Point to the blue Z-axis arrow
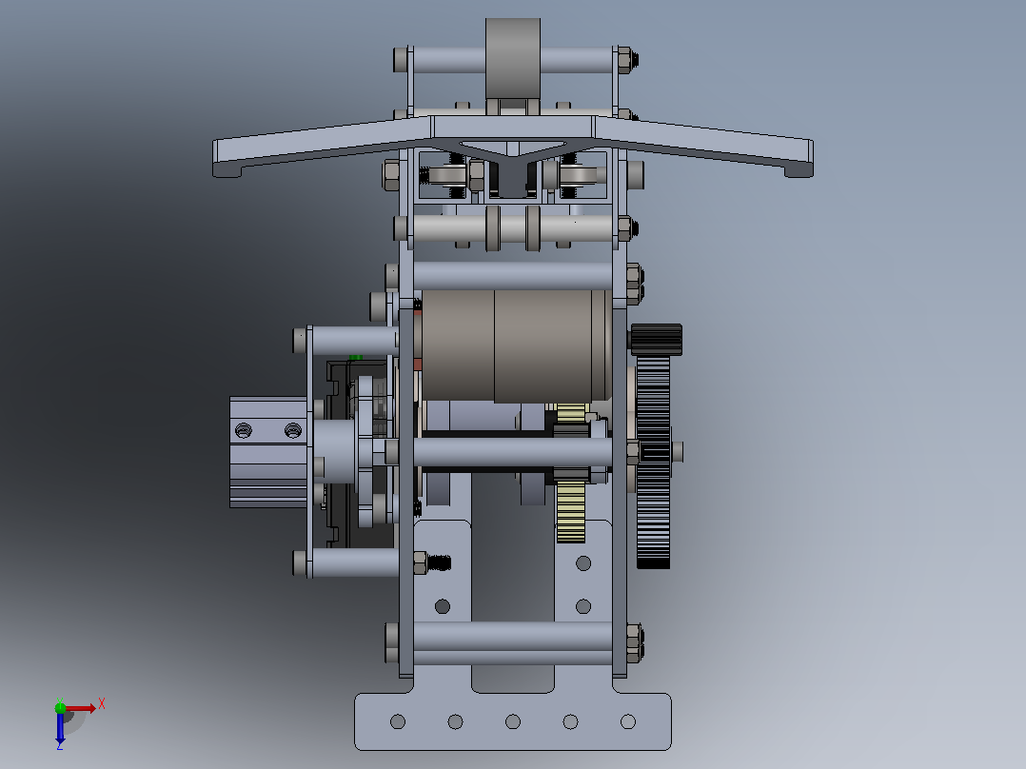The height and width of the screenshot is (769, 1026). (x=60, y=726)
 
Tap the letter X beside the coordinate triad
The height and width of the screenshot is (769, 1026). (x=102, y=704)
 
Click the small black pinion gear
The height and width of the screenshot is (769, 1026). (x=657, y=340)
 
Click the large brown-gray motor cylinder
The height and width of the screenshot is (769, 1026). (x=517, y=345)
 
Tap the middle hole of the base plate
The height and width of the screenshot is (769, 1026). (x=513, y=721)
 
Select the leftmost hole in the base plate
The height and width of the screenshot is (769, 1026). (x=398, y=721)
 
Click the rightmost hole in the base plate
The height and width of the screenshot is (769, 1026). (x=628, y=721)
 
